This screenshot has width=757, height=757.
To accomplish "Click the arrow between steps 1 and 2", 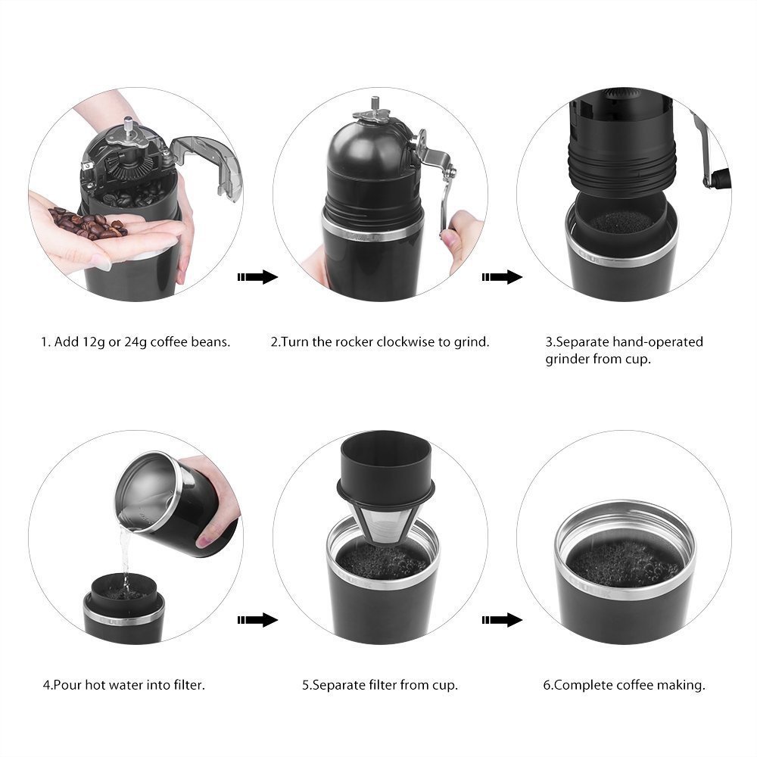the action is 258,277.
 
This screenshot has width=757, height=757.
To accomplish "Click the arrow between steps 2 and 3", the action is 502,277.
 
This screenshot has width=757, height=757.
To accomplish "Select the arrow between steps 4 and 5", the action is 258,620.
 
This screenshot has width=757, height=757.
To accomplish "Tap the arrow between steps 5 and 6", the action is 502,620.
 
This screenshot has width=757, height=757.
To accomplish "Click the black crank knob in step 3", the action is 721,179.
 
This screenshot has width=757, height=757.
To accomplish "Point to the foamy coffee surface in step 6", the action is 625,563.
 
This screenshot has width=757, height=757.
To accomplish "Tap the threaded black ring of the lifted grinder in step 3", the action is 621,167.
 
